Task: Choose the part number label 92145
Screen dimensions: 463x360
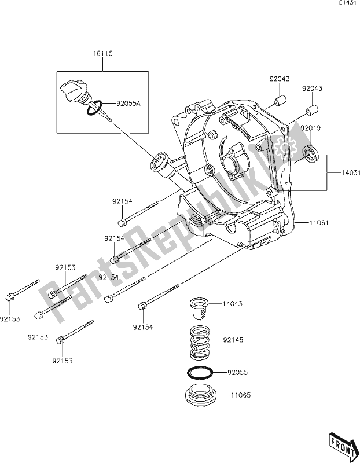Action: (x=235, y=340)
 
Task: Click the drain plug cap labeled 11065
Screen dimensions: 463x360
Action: (x=200, y=396)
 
